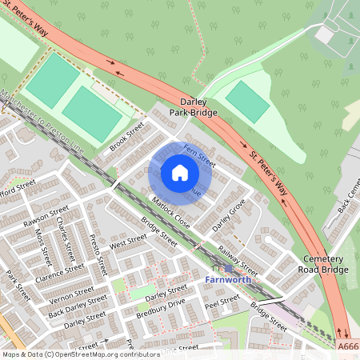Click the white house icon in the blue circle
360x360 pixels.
pos(180,173)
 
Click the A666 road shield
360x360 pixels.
pos(348,346)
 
